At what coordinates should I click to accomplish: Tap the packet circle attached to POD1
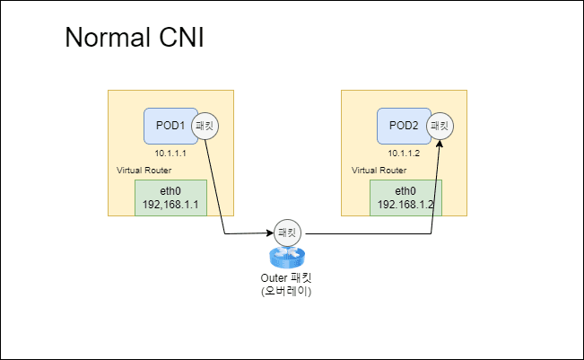point(205,127)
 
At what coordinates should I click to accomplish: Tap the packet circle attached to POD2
point(440,126)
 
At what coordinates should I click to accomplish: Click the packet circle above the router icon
point(287,232)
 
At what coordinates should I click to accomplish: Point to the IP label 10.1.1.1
point(170,154)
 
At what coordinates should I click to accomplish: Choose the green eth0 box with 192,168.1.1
point(170,198)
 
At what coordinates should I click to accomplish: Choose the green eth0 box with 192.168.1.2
point(405,198)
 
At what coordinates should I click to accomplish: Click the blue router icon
point(287,258)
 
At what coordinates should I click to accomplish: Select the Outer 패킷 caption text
point(286,278)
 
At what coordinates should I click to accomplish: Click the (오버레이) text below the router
point(286,292)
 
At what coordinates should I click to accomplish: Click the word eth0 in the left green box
point(170,190)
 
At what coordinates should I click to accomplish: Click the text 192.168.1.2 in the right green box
point(405,205)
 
